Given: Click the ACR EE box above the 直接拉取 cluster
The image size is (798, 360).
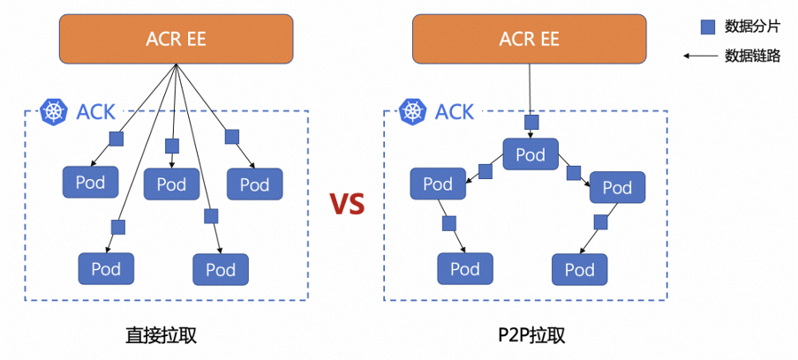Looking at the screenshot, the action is coord(176,39).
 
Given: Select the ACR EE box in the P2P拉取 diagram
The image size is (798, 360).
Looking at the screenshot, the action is coord(530,39).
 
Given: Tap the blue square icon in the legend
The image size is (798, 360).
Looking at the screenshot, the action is coord(708,27).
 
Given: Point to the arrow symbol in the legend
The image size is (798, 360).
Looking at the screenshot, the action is coord(700,56).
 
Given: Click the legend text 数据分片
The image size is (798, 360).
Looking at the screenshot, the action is coord(752,27).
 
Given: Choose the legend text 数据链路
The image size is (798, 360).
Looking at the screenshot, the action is coord(752,56).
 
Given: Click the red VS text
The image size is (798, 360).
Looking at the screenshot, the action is coord(347,204).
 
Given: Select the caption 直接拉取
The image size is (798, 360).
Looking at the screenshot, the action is coord(161,335).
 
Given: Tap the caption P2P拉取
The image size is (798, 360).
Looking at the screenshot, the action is coord(531,335).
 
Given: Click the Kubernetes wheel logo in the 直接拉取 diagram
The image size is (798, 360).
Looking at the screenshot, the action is coord(53,112).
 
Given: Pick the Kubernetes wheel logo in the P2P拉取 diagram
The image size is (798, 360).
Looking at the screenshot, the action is coord(411,112).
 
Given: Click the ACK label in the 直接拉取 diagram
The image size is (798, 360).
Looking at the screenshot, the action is coord(95,112).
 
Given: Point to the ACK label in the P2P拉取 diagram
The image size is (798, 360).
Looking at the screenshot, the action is coord(455,112).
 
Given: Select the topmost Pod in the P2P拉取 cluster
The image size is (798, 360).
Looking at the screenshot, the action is coord(531,154).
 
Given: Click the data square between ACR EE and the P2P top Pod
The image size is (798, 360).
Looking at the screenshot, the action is coord(531,122).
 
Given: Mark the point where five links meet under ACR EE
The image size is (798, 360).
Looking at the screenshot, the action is coord(176,64).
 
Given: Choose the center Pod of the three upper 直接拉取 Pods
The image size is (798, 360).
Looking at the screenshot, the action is coord(171,184).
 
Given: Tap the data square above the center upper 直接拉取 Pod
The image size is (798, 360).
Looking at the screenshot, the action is coord(172,146).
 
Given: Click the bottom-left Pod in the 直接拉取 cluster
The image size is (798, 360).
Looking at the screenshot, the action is coord(106,268).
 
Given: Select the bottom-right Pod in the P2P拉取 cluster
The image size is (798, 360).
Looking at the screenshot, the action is coord(580,269).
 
